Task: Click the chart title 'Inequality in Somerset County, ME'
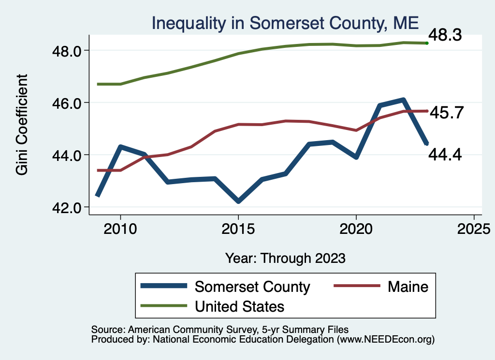point(285,23)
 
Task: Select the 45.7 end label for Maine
point(447,113)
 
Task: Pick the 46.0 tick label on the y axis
point(69,103)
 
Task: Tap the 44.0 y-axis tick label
point(69,155)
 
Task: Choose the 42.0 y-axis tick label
point(69,207)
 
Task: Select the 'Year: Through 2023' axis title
point(285,258)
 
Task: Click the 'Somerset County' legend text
point(252,287)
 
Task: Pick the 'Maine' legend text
point(408,287)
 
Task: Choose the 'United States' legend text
point(239,306)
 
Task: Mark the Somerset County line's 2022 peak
point(403,100)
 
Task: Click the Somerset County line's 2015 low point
point(238,201)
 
